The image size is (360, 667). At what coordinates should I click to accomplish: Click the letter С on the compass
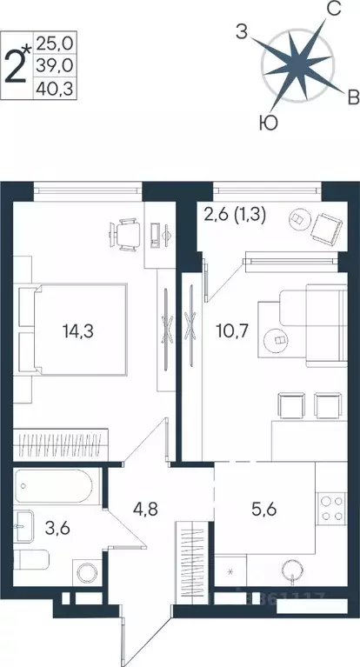point(331,10)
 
